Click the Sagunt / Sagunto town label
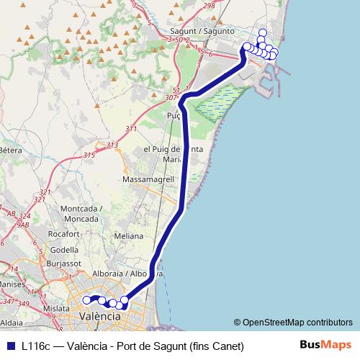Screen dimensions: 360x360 (202, 31)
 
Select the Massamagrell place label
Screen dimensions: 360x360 (146, 179)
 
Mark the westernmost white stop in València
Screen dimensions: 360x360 (87, 300)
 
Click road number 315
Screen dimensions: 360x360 (89, 155)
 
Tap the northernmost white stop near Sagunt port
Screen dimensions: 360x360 (261, 32)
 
